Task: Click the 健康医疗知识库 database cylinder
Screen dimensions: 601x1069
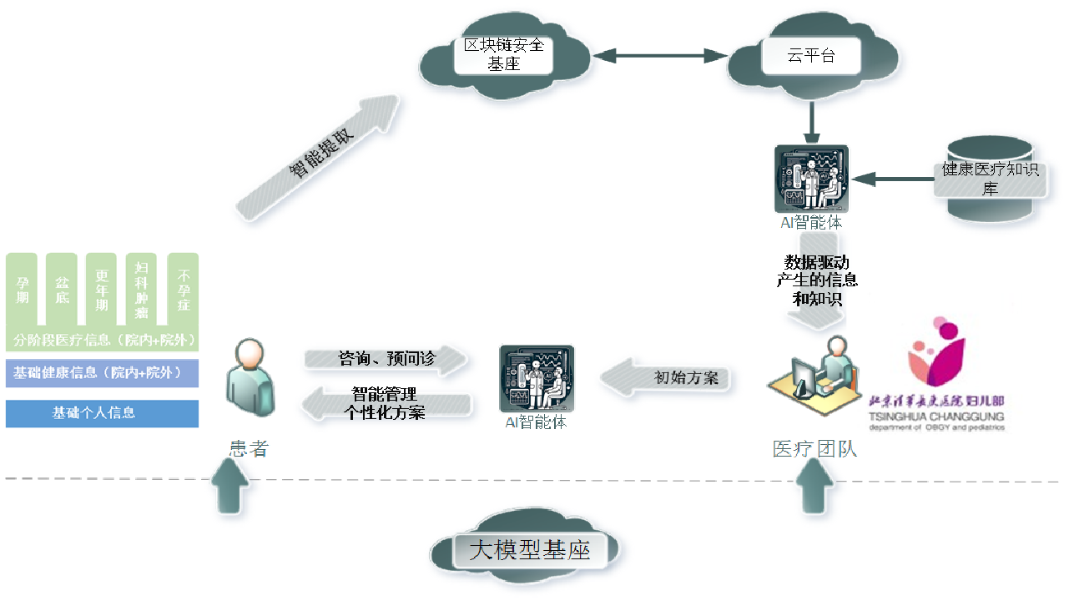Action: click(990, 178)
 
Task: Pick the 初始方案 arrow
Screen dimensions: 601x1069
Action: click(668, 377)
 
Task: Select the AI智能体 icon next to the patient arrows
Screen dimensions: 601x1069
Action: click(536, 379)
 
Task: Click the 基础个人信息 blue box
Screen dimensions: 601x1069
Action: click(102, 413)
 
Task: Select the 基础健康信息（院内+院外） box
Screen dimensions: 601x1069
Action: click(102, 373)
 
